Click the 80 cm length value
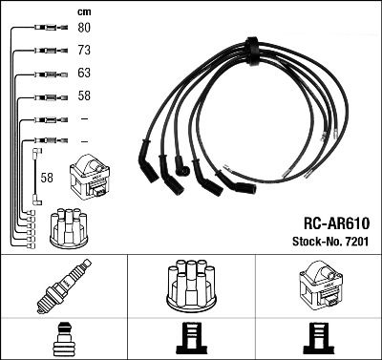84,29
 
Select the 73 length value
84,52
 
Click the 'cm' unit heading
83,11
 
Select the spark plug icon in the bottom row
63,287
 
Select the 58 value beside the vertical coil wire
47,177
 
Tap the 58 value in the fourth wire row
84,96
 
